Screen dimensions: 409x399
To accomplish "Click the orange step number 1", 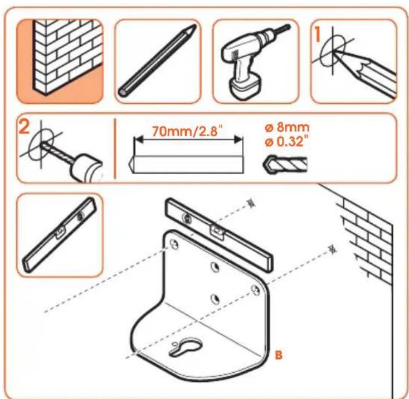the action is tap(318, 34).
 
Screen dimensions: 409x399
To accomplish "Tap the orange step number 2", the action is tap(25, 127).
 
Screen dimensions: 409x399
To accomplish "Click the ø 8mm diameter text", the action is tap(287, 128).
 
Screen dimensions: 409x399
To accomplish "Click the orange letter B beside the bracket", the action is tap(279, 355).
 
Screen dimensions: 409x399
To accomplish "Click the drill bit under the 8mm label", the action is tap(285, 165).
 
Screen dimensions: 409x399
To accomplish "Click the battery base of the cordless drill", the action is tap(245, 86).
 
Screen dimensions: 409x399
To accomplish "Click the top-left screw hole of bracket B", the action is tap(174, 244).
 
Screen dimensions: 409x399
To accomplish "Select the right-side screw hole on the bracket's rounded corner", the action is tap(256, 290).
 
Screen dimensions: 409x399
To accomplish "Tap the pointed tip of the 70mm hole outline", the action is tap(130, 165).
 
